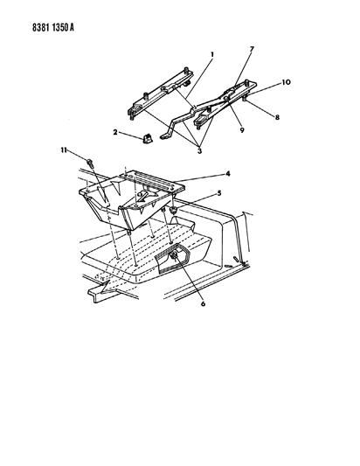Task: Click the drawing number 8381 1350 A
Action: point(53,28)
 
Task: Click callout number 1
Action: point(212,55)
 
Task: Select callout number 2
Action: point(115,132)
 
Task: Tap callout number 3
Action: point(199,151)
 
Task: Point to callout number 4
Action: point(228,173)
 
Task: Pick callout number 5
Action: point(219,193)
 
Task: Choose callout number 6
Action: point(204,303)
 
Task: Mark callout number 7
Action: point(252,49)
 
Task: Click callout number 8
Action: point(277,117)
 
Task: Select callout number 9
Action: point(242,130)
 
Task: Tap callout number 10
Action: point(286,82)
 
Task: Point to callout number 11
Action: point(64,150)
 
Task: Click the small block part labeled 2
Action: point(147,138)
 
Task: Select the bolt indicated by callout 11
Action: point(90,163)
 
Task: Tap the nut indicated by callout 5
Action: point(173,211)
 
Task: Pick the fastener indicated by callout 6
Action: point(174,255)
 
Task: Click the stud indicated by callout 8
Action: point(244,99)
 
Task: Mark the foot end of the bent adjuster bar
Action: point(165,136)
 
